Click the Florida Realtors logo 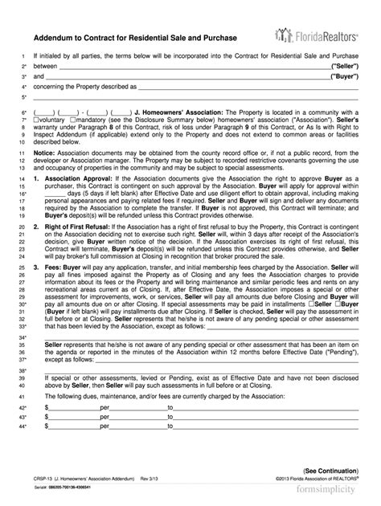click(x=316, y=35)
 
